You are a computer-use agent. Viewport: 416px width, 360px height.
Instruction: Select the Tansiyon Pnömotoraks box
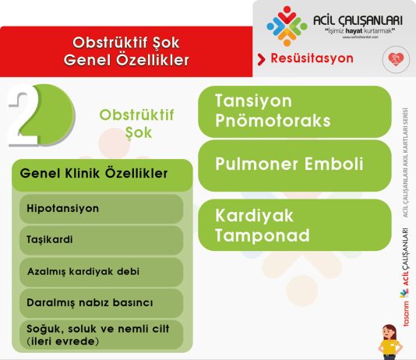click(x=294, y=111)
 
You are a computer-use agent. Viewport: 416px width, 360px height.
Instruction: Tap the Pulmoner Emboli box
click(x=294, y=164)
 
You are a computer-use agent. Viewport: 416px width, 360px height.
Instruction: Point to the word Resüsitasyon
click(x=312, y=58)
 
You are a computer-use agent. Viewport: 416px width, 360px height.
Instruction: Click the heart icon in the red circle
click(x=395, y=59)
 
